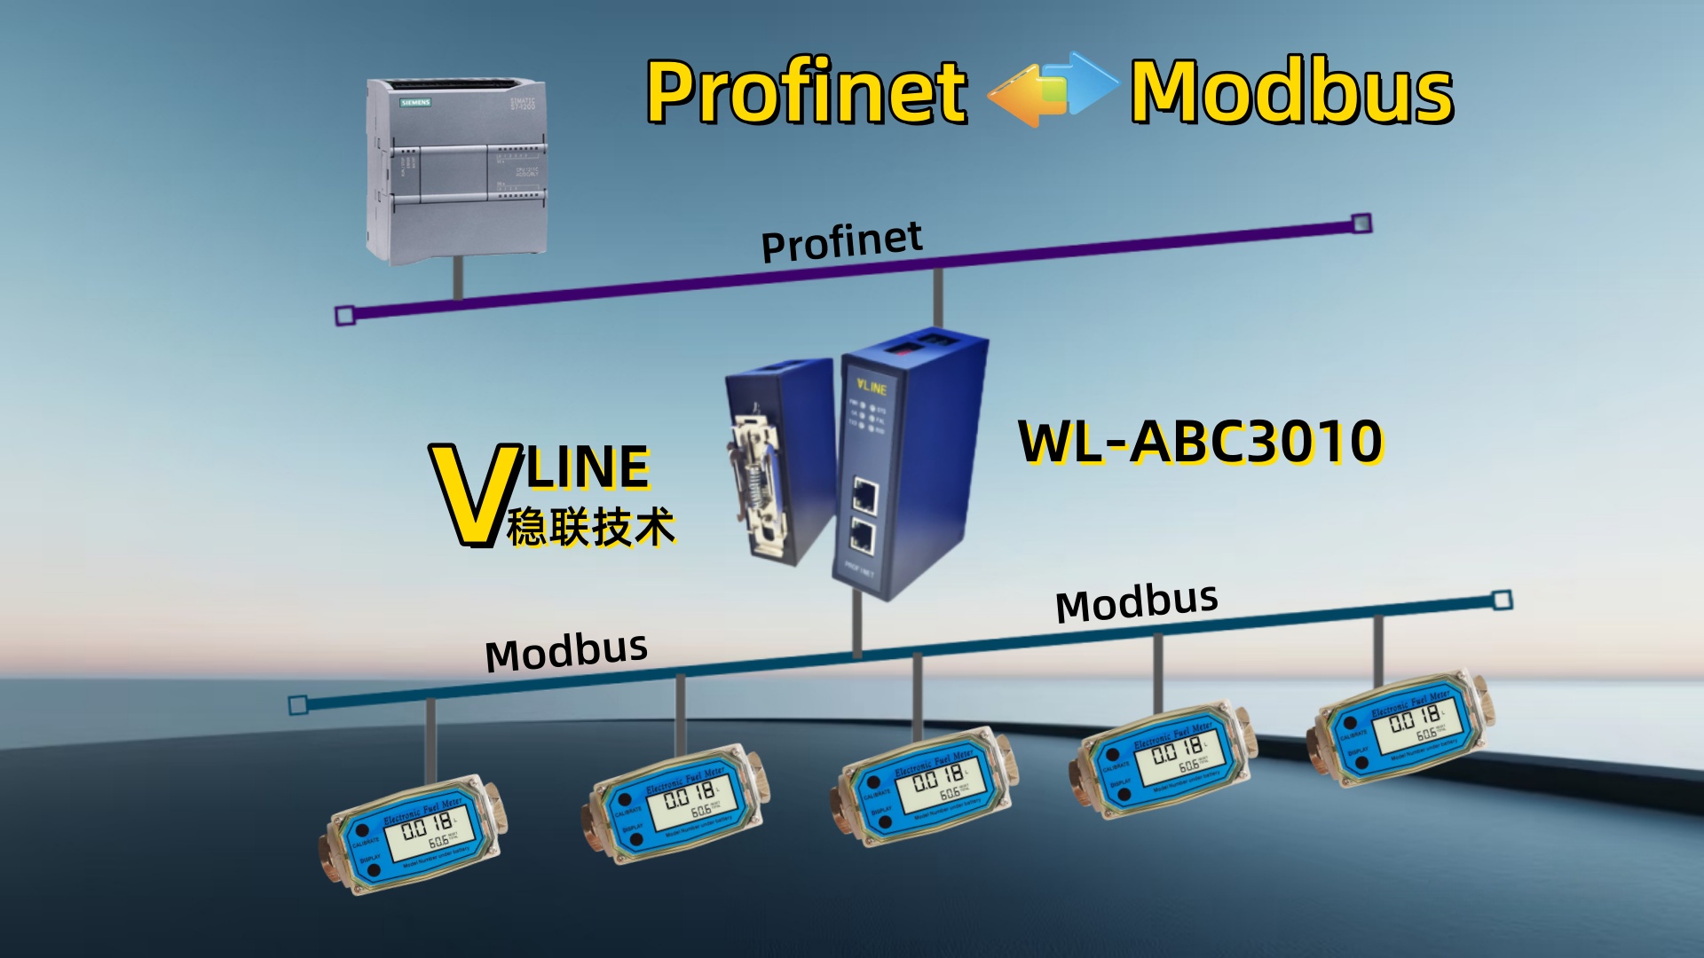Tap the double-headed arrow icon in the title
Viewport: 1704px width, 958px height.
pyautogui.click(x=1052, y=89)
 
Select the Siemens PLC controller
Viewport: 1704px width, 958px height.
pyautogui.click(x=456, y=171)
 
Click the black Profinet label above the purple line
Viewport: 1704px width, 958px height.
pyautogui.click(x=841, y=241)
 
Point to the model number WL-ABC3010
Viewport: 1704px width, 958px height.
pyautogui.click(x=1200, y=442)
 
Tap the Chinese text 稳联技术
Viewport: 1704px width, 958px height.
pyautogui.click(x=591, y=527)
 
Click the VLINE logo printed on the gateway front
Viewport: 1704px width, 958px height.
pyautogui.click(x=871, y=387)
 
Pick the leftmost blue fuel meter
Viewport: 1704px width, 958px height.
pyautogui.click(x=412, y=834)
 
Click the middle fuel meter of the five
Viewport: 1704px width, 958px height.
pyautogui.click(x=925, y=786)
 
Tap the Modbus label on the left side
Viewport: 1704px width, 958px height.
pyautogui.click(x=566, y=652)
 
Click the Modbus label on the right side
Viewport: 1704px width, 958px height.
pyautogui.click(x=1136, y=603)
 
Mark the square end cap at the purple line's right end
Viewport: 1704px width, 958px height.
pyautogui.click(x=1361, y=224)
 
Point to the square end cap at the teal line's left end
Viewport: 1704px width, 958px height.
pyautogui.click(x=298, y=705)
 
